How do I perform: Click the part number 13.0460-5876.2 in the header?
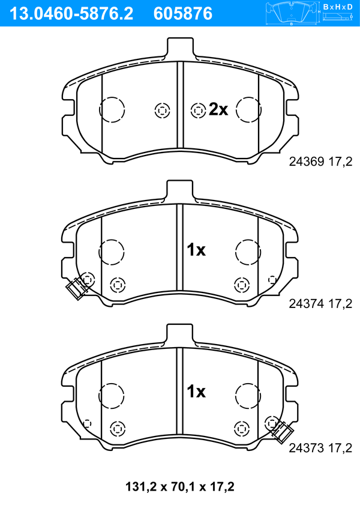[x=71, y=14]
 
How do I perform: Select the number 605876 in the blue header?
[x=183, y=14]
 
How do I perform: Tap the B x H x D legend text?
[x=338, y=7]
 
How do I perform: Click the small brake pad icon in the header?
[x=292, y=14]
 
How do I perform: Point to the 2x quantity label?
[x=218, y=109]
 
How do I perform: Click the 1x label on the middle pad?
[x=196, y=250]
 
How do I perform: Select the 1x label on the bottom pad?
[x=196, y=392]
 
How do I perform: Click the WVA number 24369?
[x=307, y=162]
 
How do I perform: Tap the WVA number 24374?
[x=307, y=303]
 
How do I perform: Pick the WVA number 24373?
[x=307, y=448]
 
